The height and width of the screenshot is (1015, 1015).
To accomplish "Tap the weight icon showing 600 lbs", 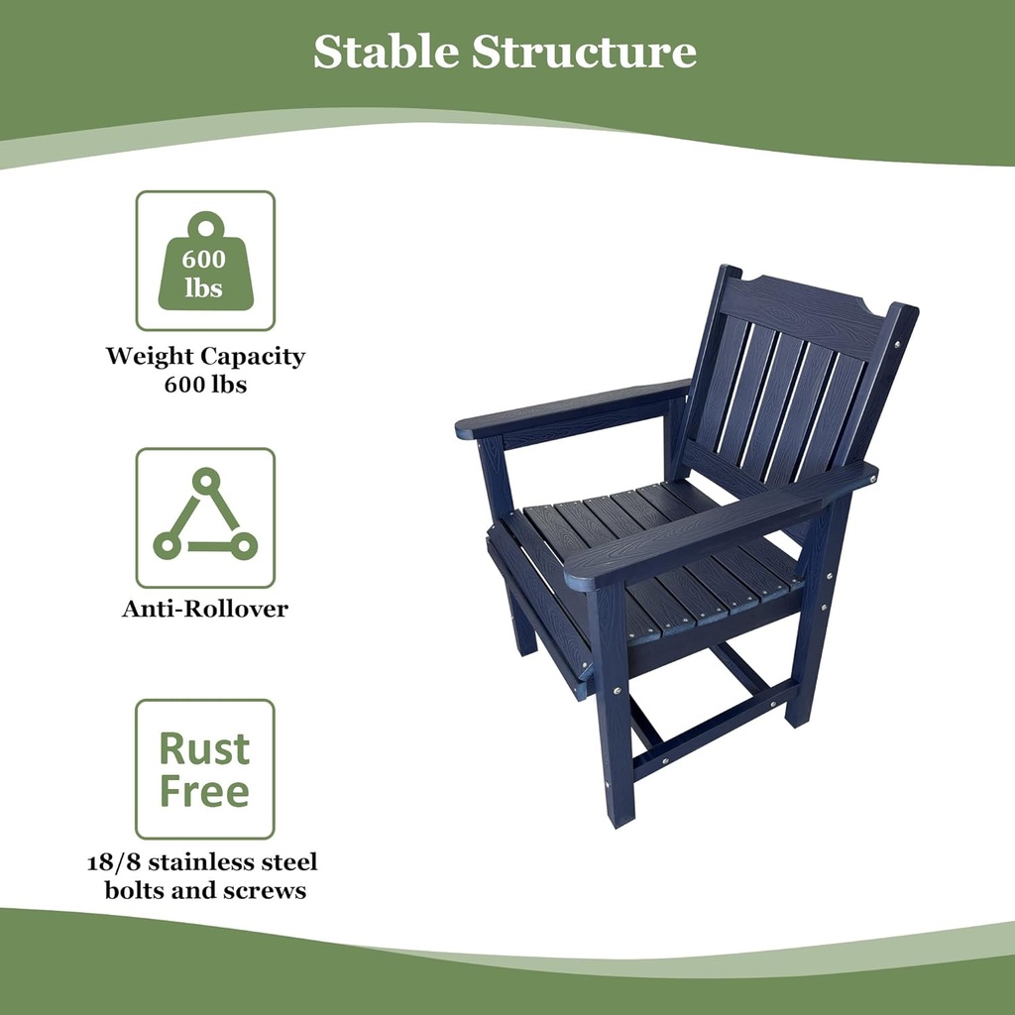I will [x=205, y=261].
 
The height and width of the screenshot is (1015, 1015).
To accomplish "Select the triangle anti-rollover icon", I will [x=205, y=516].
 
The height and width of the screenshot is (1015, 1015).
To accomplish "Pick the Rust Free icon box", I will [x=205, y=769].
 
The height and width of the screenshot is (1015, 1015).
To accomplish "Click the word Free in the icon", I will [x=204, y=791].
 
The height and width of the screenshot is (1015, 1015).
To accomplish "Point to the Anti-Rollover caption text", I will [x=205, y=609].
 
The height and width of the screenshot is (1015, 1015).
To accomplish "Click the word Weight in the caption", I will [x=151, y=356].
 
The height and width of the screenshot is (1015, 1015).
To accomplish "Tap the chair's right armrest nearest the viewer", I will [x=595, y=570].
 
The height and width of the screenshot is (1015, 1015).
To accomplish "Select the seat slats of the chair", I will [x=654, y=555].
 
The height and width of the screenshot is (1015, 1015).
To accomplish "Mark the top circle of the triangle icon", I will [x=205, y=481].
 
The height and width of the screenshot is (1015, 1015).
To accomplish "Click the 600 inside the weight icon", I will [x=204, y=260].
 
